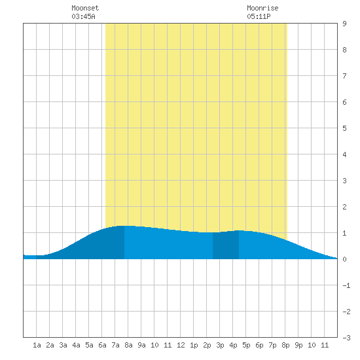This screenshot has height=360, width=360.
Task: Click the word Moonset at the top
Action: click(x=85, y=8)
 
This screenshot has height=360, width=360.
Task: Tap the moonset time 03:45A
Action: click(x=83, y=16)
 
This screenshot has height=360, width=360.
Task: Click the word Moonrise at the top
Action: click(x=262, y=8)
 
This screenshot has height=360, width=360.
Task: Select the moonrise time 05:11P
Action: click(x=259, y=16)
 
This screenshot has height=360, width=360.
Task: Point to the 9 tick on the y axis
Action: click(x=344, y=24)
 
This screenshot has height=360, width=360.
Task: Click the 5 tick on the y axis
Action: click(x=344, y=128)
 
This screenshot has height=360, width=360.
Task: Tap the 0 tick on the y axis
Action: click(x=344, y=259)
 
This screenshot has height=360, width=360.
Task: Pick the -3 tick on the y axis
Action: click(x=346, y=338)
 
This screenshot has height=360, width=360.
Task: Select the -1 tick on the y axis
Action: click(x=346, y=285)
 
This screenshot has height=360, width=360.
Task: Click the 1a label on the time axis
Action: click(x=37, y=345)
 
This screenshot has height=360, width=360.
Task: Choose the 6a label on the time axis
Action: click(x=102, y=345)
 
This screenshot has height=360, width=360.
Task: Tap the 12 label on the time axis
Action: click(x=181, y=345)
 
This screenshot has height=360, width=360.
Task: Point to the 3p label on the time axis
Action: click(x=220, y=345)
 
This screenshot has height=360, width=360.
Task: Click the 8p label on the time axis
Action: click(x=285, y=345)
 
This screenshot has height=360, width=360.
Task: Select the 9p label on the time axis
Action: click(x=298, y=345)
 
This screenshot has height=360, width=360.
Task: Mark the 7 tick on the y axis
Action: click(x=344, y=76)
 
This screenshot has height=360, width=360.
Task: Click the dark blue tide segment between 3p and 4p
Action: click(x=226, y=245)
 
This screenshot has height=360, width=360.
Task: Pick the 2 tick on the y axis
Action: click(x=344, y=207)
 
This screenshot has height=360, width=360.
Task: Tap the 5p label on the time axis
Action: click(x=246, y=345)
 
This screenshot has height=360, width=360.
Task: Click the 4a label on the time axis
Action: click(x=76, y=345)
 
